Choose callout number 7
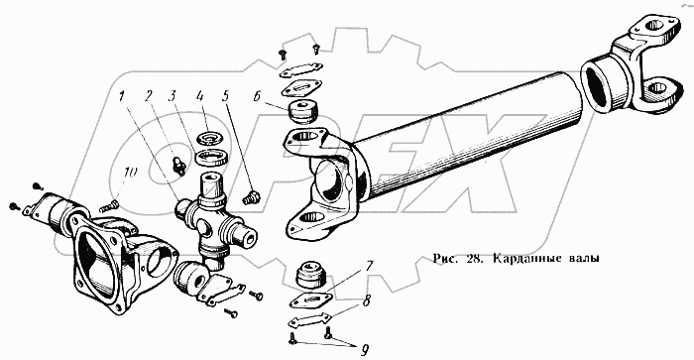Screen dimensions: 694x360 click(368, 267)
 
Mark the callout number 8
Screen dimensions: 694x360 click(365, 302)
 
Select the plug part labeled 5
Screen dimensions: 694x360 click(252, 197)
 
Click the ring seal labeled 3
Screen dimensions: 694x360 click(211, 158)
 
